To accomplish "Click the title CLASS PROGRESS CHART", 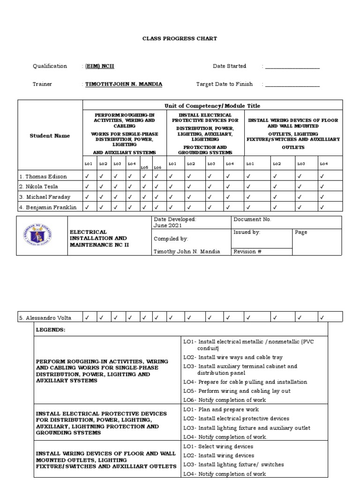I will (x=180, y=38).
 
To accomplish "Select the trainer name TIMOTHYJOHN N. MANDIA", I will (x=123, y=84).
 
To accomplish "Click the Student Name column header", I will (x=50, y=136).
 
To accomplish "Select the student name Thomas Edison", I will (x=43, y=177).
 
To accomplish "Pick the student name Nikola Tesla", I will (x=40, y=187).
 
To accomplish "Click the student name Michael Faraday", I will (x=45, y=196).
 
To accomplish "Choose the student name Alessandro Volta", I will (x=45, y=318).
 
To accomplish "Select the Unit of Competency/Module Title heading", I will (x=212, y=106).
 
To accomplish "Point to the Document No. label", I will (x=252, y=219).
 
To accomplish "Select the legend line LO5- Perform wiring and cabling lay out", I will (x=237, y=391).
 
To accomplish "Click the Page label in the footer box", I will (x=301, y=232).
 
